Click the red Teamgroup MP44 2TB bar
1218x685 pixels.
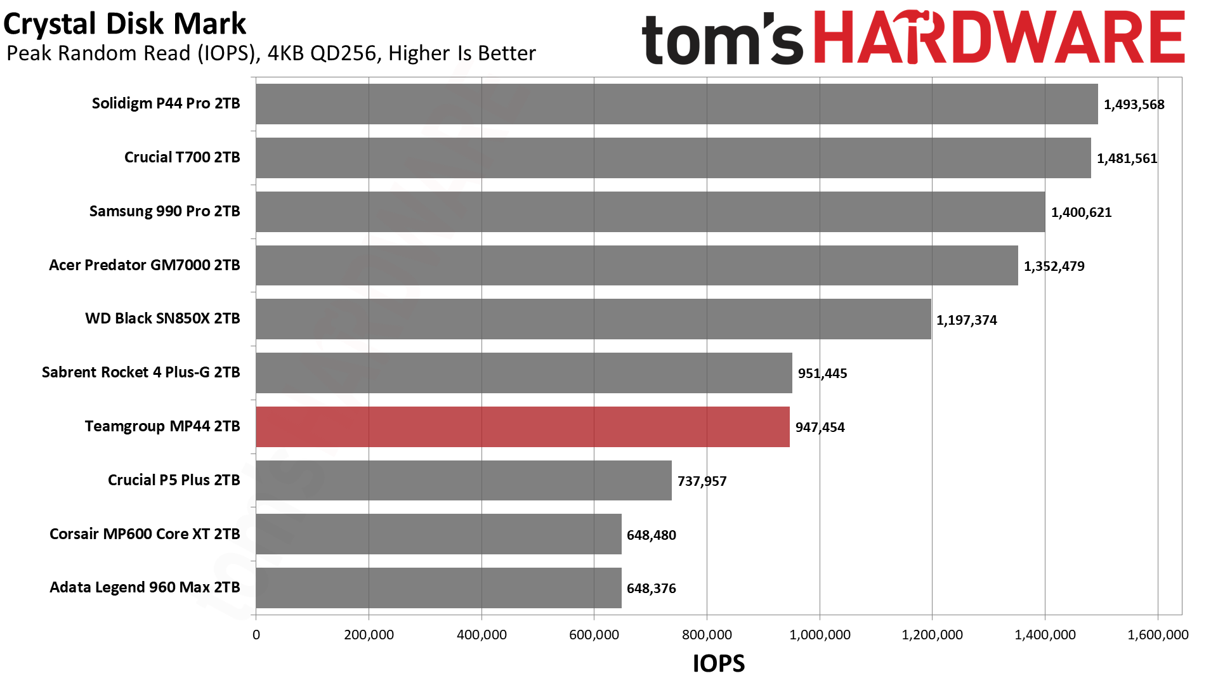tap(523, 427)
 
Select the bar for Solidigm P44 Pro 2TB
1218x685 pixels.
tap(677, 104)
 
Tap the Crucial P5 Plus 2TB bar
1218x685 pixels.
tap(464, 481)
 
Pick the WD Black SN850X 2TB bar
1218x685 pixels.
tap(593, 319)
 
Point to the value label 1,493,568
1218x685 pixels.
tap(1134, 105)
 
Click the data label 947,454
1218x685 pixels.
tap(820, 427)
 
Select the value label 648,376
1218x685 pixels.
tap(651, 589)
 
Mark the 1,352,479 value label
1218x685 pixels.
tap(1054, 266)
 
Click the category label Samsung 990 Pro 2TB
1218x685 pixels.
tap(164, 211)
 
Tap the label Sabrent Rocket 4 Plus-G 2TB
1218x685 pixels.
tap(141, 372)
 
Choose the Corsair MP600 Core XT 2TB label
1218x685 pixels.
tap(145, 534)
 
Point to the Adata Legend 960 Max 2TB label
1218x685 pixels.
tap(145, 587)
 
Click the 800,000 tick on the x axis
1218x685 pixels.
tap(707, 635)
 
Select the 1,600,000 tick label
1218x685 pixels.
tap(1158, 635)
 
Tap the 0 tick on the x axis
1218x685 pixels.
tap(256, 635)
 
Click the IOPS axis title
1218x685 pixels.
tap(719, 663)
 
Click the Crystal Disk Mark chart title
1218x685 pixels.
tap(124, 24)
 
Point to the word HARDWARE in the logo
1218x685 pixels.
tap(999, 38)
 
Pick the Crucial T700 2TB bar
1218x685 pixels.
tap(673, 158)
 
